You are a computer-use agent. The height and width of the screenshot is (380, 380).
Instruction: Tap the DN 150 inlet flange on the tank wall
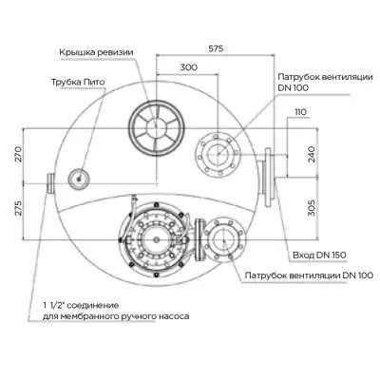pos(268,173)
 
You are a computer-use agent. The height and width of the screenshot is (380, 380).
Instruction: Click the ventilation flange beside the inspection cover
pos(214,151)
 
